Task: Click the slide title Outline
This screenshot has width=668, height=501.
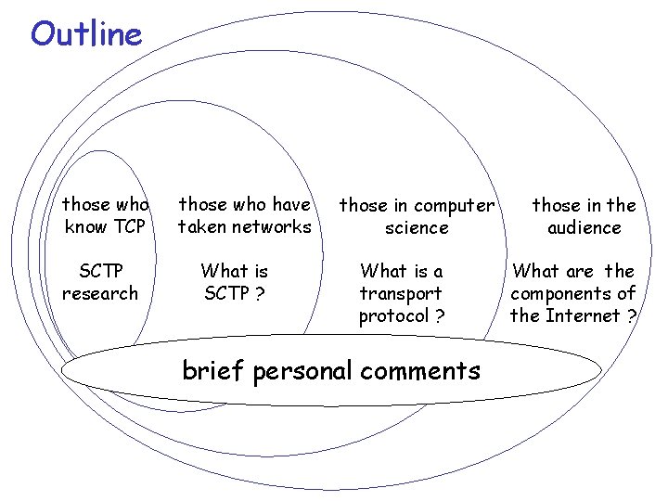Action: [x=86, y=34]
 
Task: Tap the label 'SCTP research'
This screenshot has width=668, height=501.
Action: [x=100, y=282]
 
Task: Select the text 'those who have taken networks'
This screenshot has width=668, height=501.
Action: [x=245, y=215]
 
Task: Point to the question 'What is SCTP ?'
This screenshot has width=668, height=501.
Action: [x=235, y=282]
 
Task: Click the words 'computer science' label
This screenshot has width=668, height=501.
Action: [x=417, y=216]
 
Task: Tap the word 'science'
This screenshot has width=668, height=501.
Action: [x=417, y=227]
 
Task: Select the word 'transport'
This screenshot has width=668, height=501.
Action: [x=402, y=293]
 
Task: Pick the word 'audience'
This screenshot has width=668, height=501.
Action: [x=584, y=227]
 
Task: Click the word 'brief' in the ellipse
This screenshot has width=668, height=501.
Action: [x=213, y=371]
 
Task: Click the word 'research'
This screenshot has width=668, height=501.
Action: [x=100, y=293]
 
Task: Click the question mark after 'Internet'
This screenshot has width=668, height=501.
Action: [x=631, y=315]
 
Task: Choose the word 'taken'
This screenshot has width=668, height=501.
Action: [x=202, y=226]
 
